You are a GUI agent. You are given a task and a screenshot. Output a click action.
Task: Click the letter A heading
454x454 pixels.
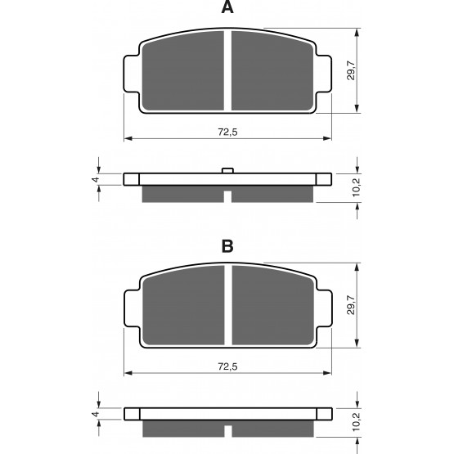[227, 7]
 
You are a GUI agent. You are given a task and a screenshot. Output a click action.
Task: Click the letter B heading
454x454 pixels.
[227, 247]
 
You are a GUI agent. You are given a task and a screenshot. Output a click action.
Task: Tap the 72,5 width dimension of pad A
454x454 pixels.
[227, 132]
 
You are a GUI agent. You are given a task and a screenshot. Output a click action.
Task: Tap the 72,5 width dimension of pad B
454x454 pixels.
[227, 366]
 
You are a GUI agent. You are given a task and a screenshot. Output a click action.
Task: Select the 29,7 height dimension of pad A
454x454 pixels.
[351, 70]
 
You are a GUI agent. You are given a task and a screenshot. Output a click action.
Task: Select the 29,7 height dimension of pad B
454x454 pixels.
[351, 305]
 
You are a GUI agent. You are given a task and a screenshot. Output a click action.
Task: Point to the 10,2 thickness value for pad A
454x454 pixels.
[356, 187]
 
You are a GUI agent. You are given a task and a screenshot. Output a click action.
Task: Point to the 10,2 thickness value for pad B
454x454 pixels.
[356, 422]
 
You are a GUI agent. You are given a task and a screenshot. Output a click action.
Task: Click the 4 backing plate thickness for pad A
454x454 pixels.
[96, 179]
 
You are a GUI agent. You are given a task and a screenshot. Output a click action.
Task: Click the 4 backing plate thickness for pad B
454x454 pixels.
[96, 414]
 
